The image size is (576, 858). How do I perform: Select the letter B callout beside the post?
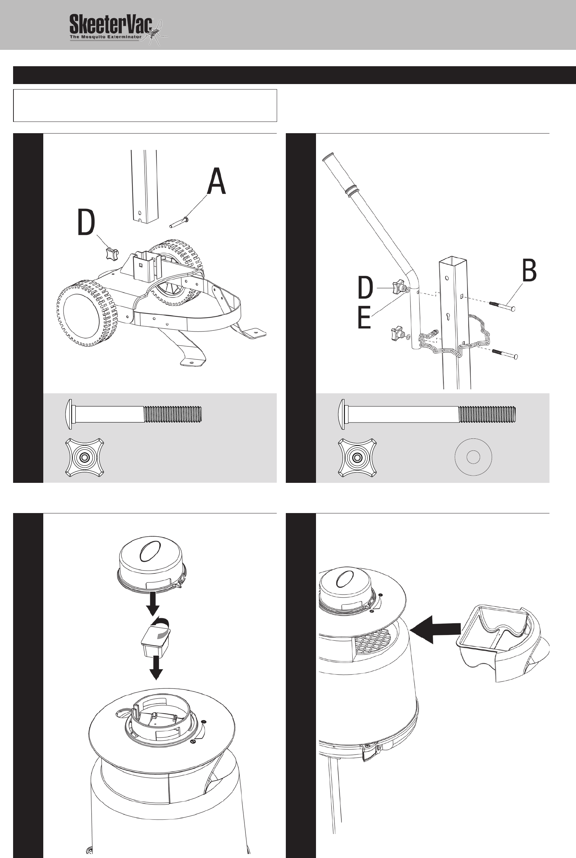point(529,271)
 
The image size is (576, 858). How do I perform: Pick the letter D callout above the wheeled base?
point(86,223)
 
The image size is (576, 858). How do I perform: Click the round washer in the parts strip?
point(473,457)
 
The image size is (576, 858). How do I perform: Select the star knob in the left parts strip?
point(84,457)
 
